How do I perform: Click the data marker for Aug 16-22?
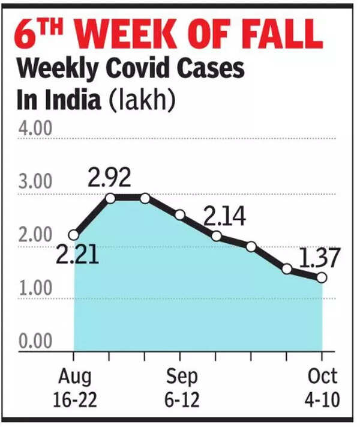pos(74,235)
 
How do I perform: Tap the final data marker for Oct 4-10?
pos(322,277)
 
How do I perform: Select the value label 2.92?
pos(109,178)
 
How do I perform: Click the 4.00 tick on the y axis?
pos(35,129)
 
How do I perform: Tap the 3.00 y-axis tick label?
pos(35,182)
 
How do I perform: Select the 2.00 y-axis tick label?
pos(35,235)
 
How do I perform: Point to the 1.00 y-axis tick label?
pos(35,288)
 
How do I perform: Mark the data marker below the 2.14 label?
pos(217,237)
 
